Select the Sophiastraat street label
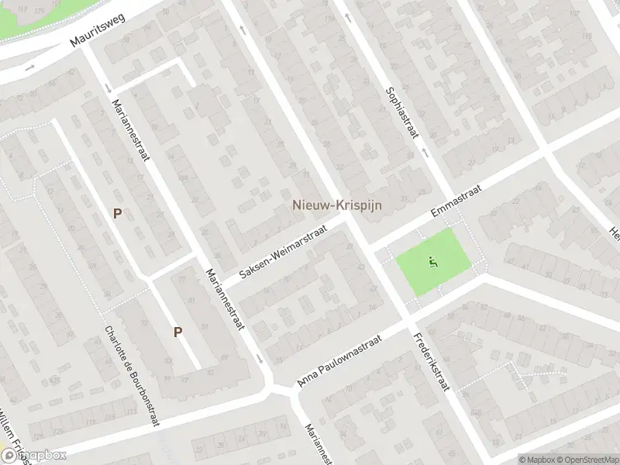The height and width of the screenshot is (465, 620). [401, 112]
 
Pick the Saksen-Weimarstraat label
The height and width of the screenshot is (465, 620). [281, 252]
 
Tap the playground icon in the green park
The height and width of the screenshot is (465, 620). [432, 262]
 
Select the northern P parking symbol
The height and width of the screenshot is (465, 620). [118, 213]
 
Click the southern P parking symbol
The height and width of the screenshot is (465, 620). [177, 332]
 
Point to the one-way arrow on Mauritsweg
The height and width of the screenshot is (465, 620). [29, 68]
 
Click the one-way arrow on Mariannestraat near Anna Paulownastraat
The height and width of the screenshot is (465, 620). [260, 360]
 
